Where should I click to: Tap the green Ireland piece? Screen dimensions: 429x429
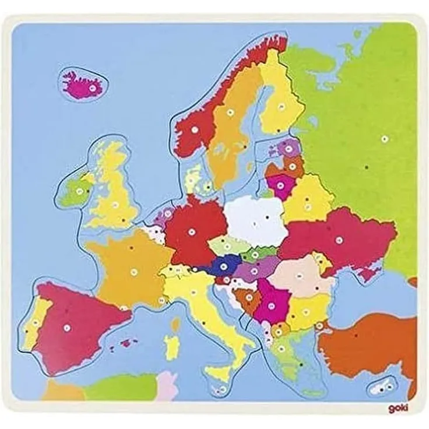click(75, 191)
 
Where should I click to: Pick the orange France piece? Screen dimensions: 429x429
click(131, 265)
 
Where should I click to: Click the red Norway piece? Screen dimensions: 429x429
click(195, 131)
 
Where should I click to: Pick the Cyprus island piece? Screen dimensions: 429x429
click(382, 385)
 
